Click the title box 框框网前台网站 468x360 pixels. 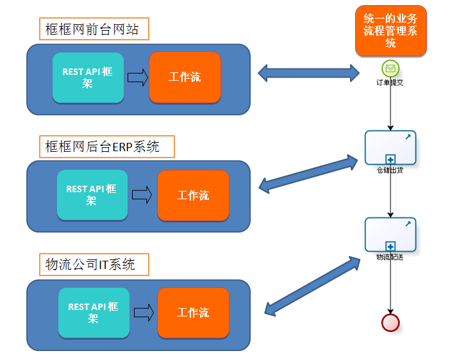(x=93, y=29)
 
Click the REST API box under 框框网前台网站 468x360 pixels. (x=87, y=78)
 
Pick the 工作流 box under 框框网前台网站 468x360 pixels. (x=185, y=78)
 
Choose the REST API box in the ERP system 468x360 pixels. (x=92, y=195)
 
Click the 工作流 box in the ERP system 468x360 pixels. (x=193, y=195)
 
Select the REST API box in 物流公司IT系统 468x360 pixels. (x=93, y=313)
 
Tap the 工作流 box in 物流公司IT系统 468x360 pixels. (x=193, y=313)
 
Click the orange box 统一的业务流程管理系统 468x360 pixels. (x=390, y=31)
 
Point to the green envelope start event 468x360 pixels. (x=390, y=67)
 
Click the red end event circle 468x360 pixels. (x=390, y=322)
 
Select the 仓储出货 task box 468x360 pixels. (x=390, y=148)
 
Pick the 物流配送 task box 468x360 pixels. (x=390, y=234)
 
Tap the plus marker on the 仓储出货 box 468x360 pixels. (x=390, y=159)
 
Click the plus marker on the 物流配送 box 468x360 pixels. (x=390, y=245)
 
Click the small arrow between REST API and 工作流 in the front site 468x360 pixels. (x=137, y=78)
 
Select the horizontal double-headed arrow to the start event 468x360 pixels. (x=308, y=72)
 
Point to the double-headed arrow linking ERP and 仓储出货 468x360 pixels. (x=308, y=173)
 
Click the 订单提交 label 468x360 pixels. (x=390, y=82)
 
